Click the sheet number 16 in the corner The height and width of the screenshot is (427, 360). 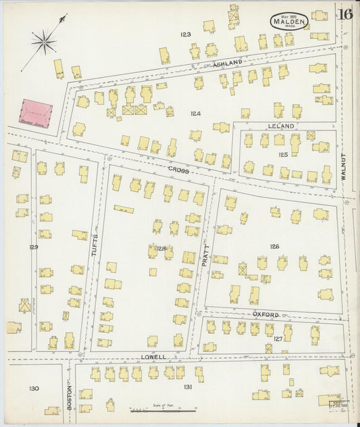pos(346,14)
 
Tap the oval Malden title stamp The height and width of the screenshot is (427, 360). pos(290,22)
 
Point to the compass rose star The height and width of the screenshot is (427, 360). pos(45,43)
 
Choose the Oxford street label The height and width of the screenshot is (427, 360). pos(265,315)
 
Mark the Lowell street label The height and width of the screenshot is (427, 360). pos(153,356)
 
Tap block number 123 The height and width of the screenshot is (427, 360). pos(186,34)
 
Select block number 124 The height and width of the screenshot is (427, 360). pos(195,114)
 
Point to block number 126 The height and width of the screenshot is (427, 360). pos(274,247)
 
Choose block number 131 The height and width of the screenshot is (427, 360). pos(187,386)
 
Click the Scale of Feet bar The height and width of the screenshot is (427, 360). pos(163,409)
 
